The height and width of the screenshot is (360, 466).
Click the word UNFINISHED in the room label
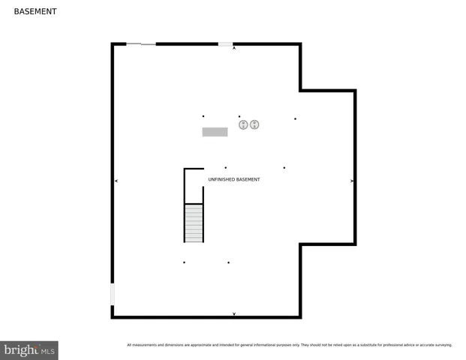point(221,180)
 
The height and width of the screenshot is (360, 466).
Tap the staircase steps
point(194,223)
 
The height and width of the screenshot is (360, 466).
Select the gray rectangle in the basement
point(215,132)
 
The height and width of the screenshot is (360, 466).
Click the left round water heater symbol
point(243,124)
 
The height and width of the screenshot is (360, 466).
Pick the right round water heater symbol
point(254,124)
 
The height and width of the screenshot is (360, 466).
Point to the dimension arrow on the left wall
point(116,181)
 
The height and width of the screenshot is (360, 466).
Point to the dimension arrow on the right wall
point(352,181)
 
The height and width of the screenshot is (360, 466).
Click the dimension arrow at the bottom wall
point(234,313)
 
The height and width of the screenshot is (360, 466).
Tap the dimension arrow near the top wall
point(234,49)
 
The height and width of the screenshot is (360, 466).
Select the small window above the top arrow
point(225,44)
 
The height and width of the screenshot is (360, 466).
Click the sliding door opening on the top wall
point(141,44)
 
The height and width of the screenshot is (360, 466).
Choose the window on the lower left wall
point(113,293)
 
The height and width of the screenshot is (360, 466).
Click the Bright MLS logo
point(29,350)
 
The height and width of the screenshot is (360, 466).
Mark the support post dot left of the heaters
point(239,116)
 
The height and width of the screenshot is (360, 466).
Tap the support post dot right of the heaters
point(295,118)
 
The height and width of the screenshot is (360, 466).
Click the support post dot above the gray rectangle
point(203,116)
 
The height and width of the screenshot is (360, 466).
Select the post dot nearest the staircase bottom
point(184,262)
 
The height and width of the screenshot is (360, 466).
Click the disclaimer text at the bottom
point(290,345)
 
